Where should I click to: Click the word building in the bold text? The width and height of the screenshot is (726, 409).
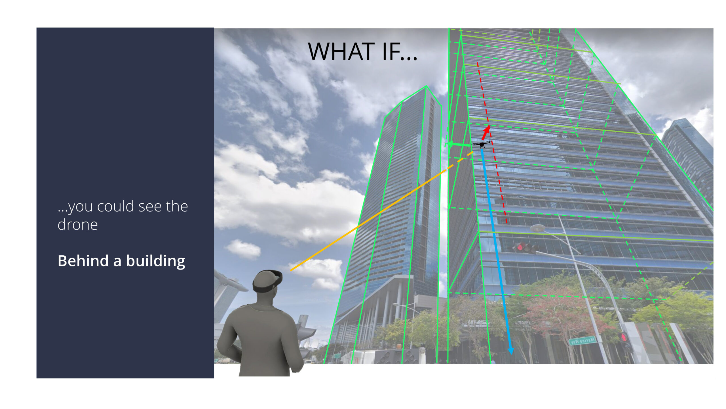point(156,261)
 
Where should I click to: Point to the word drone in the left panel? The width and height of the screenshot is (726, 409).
point(78,224)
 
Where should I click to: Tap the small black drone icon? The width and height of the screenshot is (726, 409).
point(482,144)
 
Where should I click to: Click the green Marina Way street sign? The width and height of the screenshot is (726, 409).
point(582,340)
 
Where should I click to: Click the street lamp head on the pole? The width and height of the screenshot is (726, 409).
point(537,228)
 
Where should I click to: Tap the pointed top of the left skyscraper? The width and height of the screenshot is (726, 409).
point(426,86)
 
